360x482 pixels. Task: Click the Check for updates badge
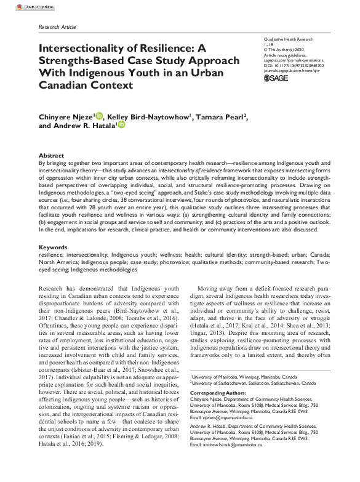(x=20, y=6)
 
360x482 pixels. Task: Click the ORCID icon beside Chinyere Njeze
(x=99, y=115)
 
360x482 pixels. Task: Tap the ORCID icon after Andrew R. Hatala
(x=122, y=125)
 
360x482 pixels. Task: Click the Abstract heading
(x=51, y=156)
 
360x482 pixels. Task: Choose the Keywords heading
(x=52, y=246)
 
